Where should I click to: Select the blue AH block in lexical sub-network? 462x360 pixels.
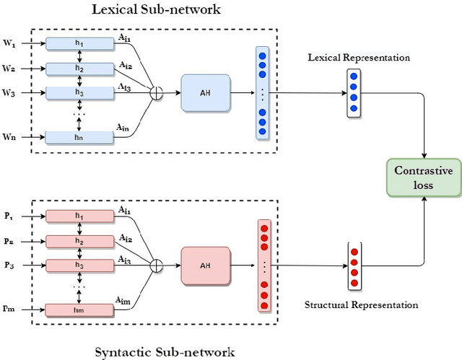click(x=205, y=93)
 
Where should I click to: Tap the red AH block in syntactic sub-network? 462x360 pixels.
click(x=206, y=265)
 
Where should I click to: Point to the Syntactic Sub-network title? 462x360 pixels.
click(x=165, y=352)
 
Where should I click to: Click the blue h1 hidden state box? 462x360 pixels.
click(x=79, y=44)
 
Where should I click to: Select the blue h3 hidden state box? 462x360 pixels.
click(x=79, y=93)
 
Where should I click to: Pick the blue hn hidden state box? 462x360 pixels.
click(x=79, y=137)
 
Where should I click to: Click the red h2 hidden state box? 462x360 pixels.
click(x=79, y=241)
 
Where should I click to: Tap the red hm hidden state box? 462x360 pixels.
click(x=79, y=309)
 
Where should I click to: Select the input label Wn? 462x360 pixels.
click(x=11, y=136)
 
